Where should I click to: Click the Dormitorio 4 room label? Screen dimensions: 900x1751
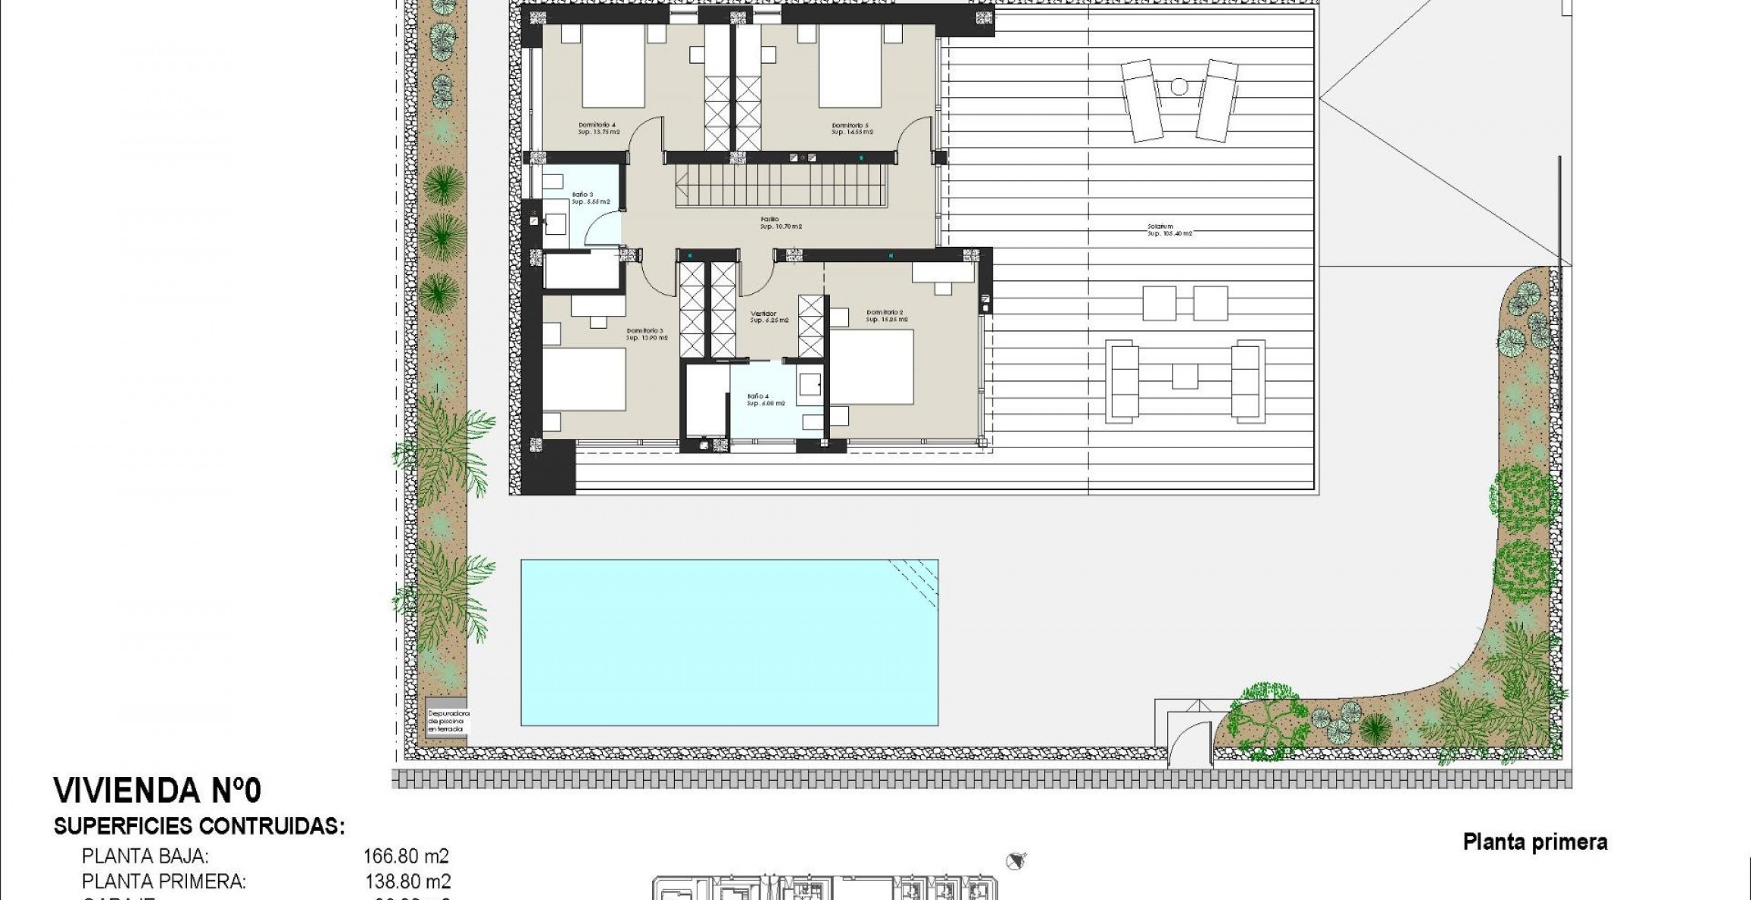coord(598,128)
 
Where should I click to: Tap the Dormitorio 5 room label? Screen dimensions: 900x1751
coord(851,128)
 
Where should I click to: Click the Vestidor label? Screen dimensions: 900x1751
coord(768,317)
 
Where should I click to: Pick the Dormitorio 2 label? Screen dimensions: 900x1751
coord(885,315)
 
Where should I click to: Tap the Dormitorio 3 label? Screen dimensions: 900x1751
coord(646,334)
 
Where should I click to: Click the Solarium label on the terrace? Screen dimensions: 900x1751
coord(1169,229)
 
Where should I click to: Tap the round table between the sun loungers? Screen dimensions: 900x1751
coord(1179,87)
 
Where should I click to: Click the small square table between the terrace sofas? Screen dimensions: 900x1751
coord(1185,377)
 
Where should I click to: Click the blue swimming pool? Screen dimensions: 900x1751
coord(729,643)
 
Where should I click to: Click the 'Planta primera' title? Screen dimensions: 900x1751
coord(1534,842)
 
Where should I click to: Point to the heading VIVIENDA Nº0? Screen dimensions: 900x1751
coord(157,791)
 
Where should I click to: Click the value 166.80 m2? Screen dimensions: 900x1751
coord(406,857)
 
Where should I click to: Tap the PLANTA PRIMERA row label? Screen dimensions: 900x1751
coord(163,882)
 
